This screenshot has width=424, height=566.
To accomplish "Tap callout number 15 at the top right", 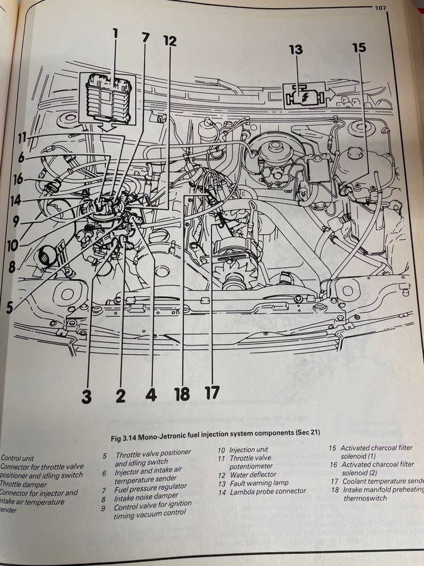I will (359, 48).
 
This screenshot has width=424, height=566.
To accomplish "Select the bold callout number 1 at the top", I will (115, 34).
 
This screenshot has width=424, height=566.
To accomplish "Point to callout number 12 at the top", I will (170, 42).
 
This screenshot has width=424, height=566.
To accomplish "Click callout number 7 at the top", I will (146, 37).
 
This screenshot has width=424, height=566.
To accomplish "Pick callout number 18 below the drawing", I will (182, 394).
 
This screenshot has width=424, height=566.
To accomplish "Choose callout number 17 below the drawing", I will (212, 393).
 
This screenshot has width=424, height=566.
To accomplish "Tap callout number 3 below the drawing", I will (87, 396).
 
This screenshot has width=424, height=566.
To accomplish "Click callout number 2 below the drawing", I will (120, 396).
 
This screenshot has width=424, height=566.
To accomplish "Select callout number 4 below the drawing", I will (150, 396).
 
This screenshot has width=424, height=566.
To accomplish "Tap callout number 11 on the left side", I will (22, 137).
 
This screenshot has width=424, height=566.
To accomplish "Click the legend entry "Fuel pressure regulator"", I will (151, 486).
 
